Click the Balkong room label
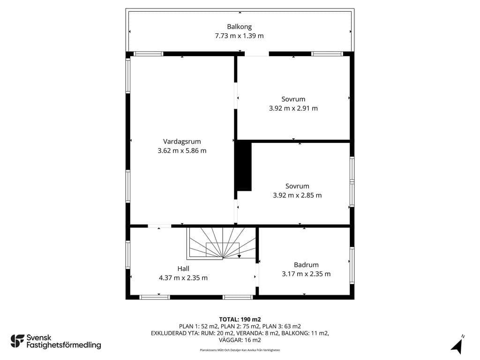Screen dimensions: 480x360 [240, 27]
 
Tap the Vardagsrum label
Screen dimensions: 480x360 [182, 142]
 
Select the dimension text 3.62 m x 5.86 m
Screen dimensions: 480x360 [182, 150]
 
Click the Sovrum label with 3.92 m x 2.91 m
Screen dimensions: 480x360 [293, 99]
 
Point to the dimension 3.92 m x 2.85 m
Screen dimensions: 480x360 [297, 195]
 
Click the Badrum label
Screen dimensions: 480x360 [306, 265]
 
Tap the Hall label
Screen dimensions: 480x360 [183, 269]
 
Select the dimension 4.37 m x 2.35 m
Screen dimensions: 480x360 [183, 278]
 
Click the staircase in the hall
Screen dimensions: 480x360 [221, 243]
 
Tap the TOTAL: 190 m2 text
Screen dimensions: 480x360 [240, 320]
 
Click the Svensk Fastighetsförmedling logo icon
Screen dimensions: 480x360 [17, 341]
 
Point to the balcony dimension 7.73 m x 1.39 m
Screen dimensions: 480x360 [239, 36]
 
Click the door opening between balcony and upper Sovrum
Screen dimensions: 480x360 [256, 54]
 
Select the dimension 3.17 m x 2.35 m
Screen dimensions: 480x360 [306, 274]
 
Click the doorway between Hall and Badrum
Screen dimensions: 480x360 [257, 275]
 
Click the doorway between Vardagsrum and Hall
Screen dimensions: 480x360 [159, 226]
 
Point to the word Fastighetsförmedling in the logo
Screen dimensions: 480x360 [64, 345]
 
